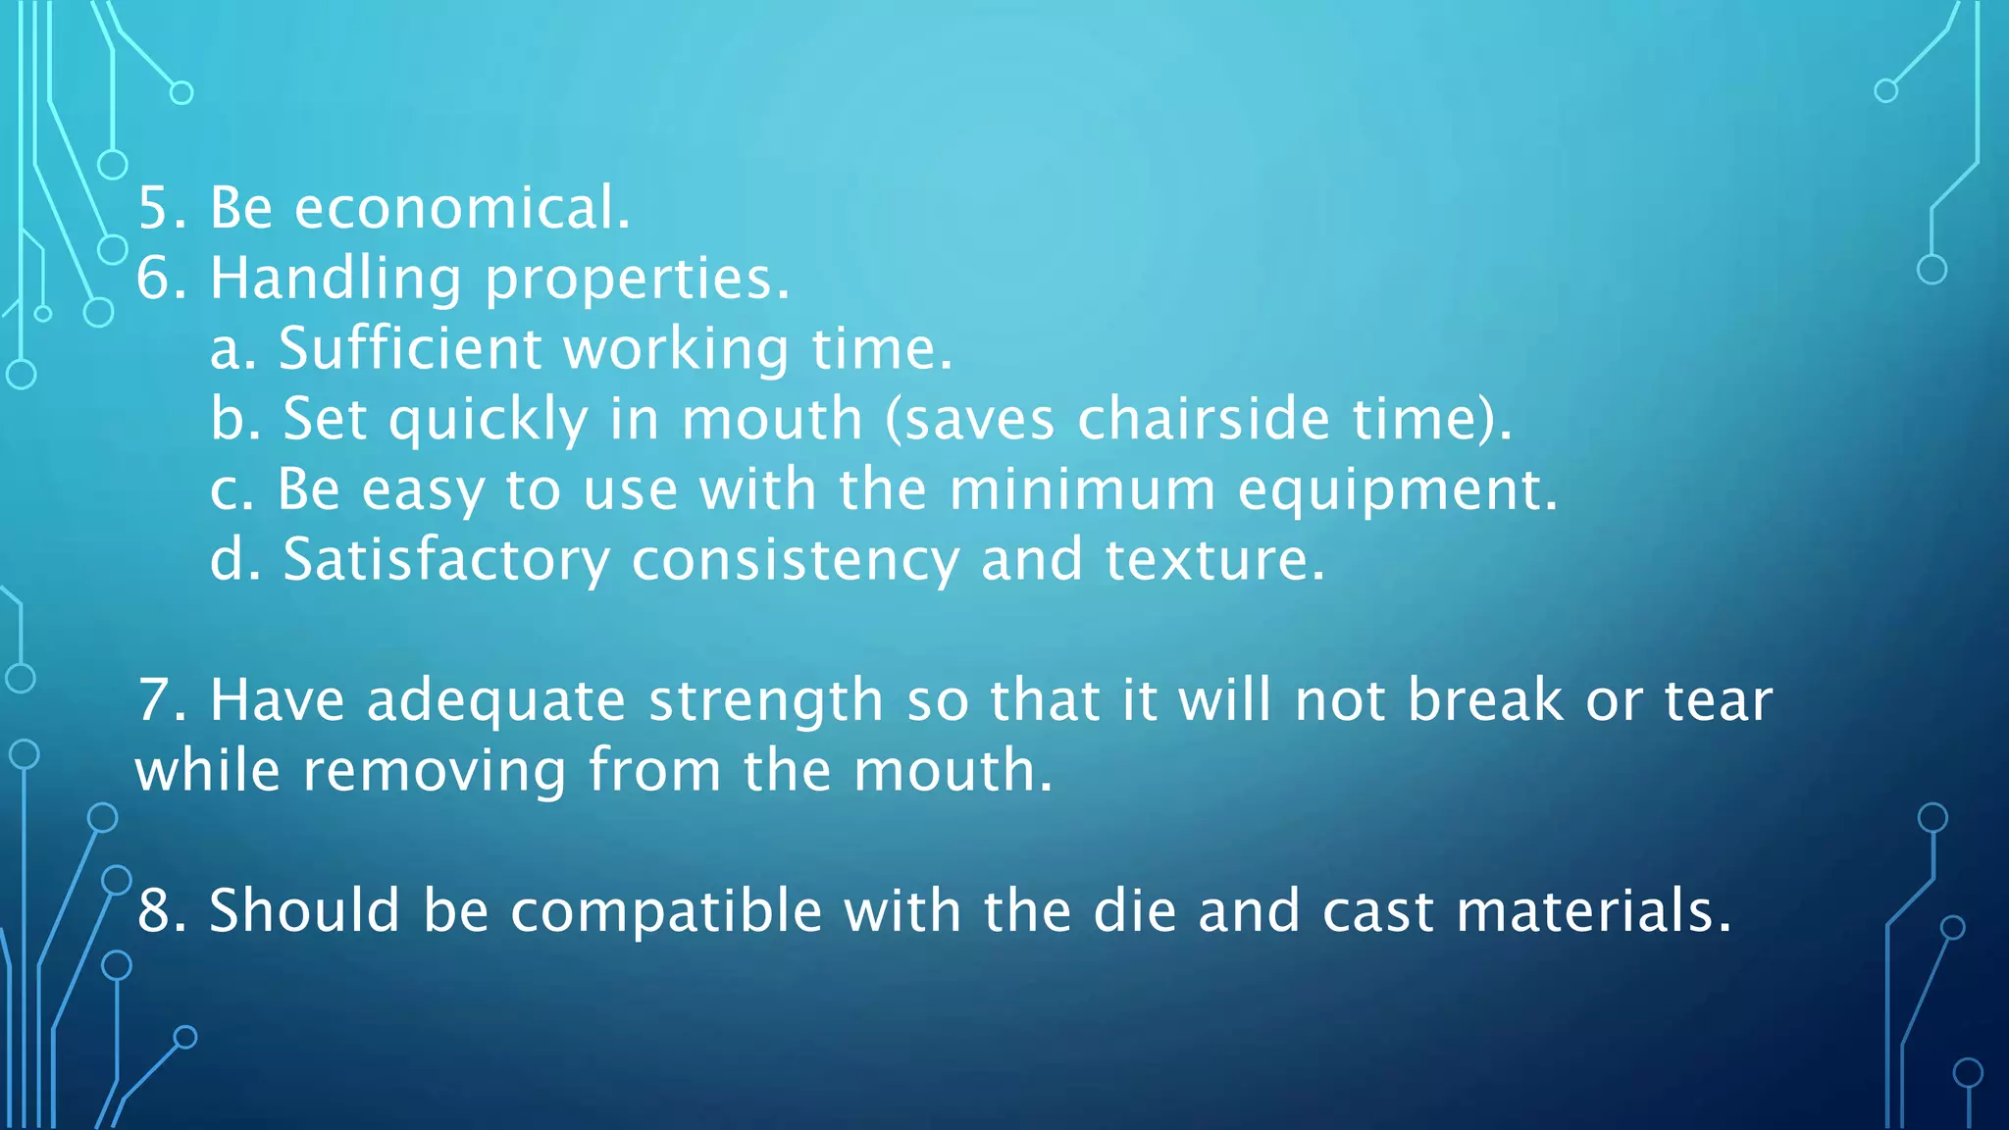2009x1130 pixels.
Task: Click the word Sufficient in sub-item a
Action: pyautogui.click(x=410, y=348)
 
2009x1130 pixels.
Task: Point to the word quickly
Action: pyautogui.click(x=488, y=420)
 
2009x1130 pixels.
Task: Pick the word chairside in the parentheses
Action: pyautogui.click(x=1204, y=419)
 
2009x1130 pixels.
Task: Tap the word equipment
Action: pyautogui.click(x=1397, y=490)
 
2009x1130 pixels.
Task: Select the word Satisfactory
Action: pyautogui.click(x=446, y=560)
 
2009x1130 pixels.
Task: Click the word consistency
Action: pyautogui.click(x=795, y=560)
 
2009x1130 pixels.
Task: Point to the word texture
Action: pyautogui.click(x=1214, y=560)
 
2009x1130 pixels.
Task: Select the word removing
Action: pyautogui.click(x=435, y=771)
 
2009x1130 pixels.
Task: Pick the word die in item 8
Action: pyautogui.click(x=1134, y=910)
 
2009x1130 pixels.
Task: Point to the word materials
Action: pyautogui.click(x=1594, y=911)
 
